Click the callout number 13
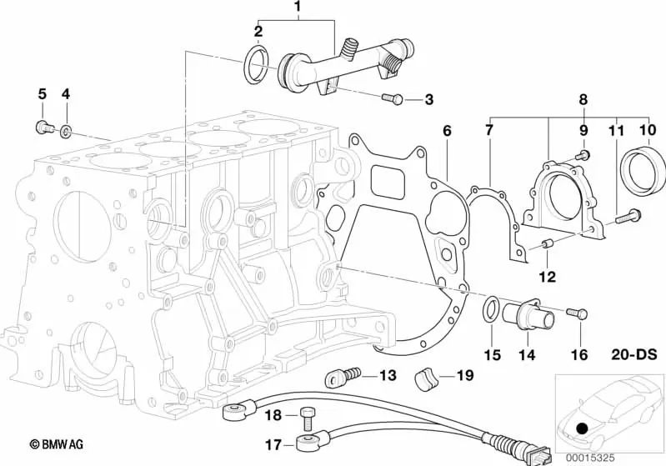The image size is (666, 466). pyautogui.click(x=388, y=375)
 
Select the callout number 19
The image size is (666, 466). pyautogui.click(x=464, y=375)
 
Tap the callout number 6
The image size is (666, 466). pyautogui.click(x=447, y=131)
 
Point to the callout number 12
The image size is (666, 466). pyautogui.click(x=548, y=277)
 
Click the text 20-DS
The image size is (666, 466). pyautogui.click(x=634, y=354)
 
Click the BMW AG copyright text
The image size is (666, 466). pyautogui.click(x=57, y=445)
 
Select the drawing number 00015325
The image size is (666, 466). pyautogui.click(x=589, y=458)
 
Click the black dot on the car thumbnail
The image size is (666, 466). pyautogui.click(x=583, y=428)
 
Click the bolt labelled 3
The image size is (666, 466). pyautogui.click(x=392, y=99)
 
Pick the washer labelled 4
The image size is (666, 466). pyautogui.click(x=66, y=132)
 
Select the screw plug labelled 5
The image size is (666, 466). pyautogui.click(x=43, y=127)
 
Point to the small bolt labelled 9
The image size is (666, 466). pyautogui.click(x=583, y=155)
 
